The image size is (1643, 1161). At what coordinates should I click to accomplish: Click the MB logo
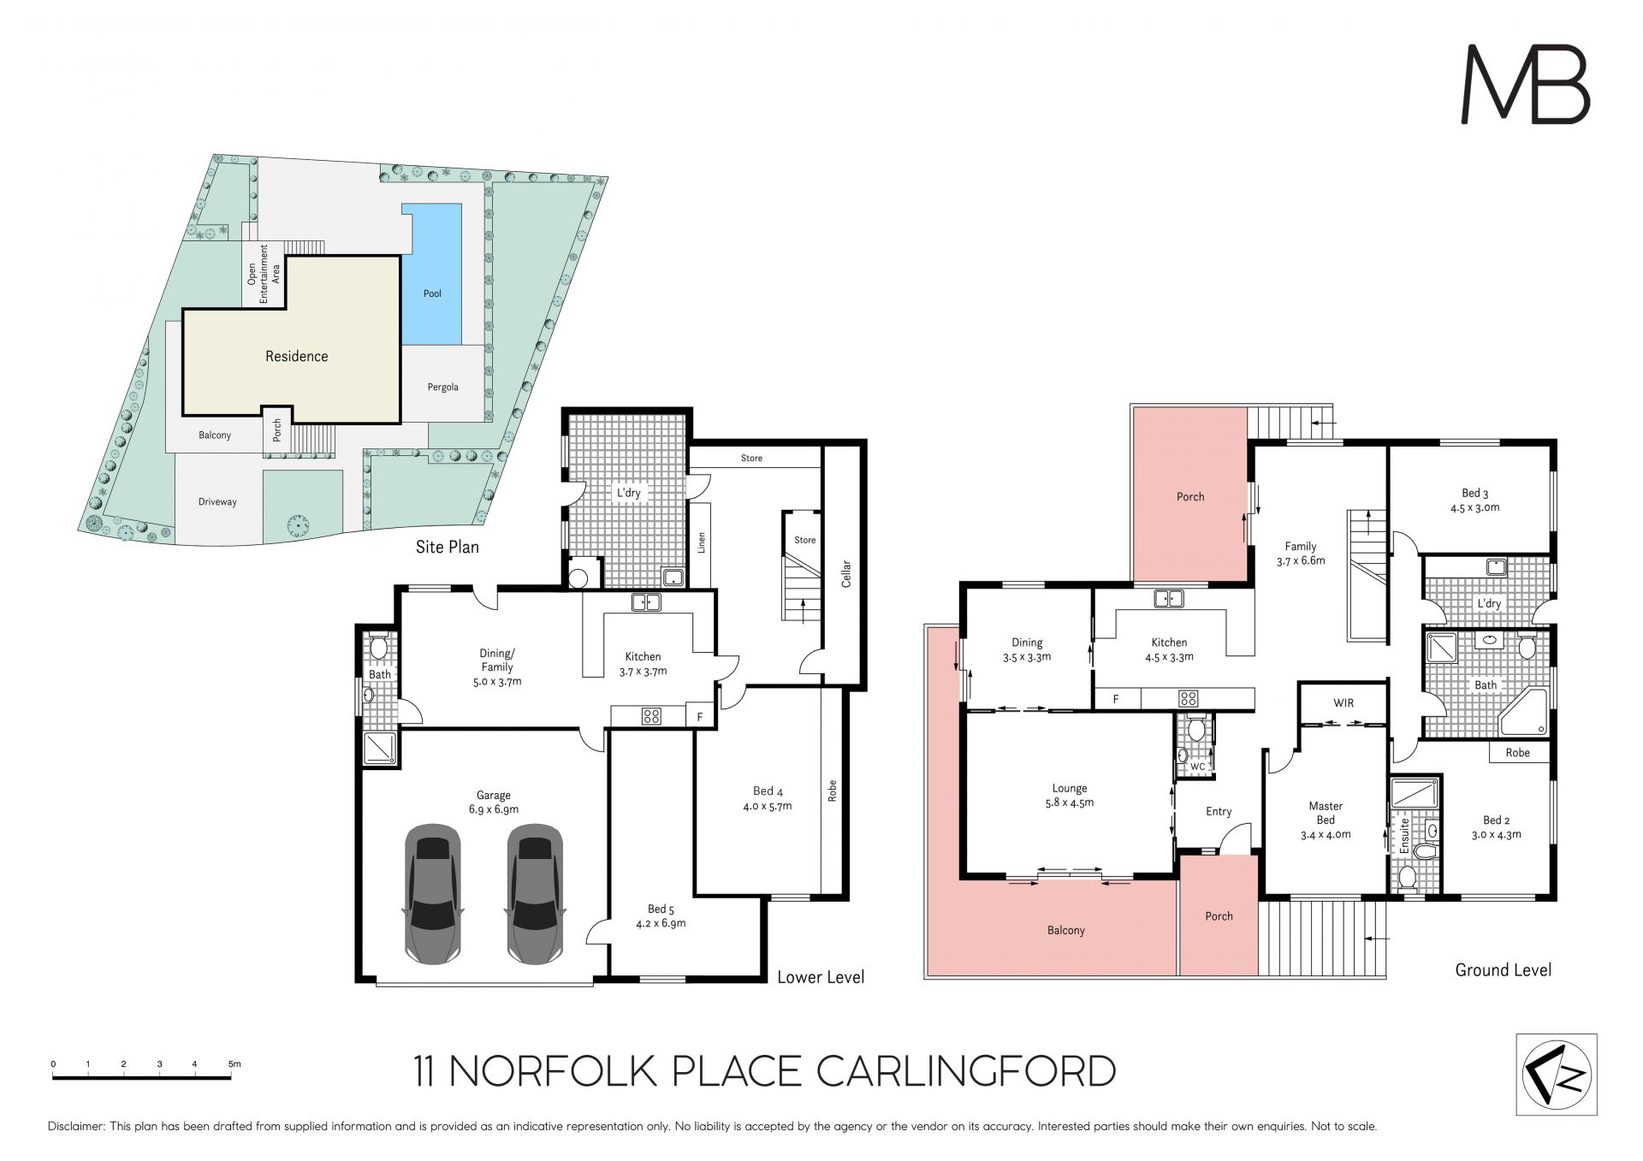click(x=1525, y=85)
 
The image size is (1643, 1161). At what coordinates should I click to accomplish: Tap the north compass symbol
click(x=1557, y=1074)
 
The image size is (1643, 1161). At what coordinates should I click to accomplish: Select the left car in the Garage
click(x=433, y=893)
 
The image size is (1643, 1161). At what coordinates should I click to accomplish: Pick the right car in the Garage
click(x=535, y=893)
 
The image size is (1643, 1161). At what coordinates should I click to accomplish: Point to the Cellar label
click(x=846, y=573)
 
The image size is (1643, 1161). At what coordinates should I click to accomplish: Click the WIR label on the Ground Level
click(x=1343, y=703)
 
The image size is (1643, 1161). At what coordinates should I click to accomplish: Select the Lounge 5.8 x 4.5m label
click(x=1070, y=796)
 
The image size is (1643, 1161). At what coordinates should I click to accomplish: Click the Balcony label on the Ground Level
click(x=1066, y=930)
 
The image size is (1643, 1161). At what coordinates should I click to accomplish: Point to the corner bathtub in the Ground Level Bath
click(x=1524, y=712)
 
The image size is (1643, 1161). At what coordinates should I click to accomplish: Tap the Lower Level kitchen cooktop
click(x=651, y=716)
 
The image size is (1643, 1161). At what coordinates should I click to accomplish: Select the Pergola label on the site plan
click(x=443, y=388)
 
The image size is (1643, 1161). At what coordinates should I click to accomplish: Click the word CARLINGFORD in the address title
click(x=966, y=1071)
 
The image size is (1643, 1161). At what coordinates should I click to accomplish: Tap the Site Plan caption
click(x=448, y=547)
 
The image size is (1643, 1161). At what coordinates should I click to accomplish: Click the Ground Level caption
click(x=1504, y=970)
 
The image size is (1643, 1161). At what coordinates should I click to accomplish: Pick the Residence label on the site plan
click(x=297, y=356)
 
